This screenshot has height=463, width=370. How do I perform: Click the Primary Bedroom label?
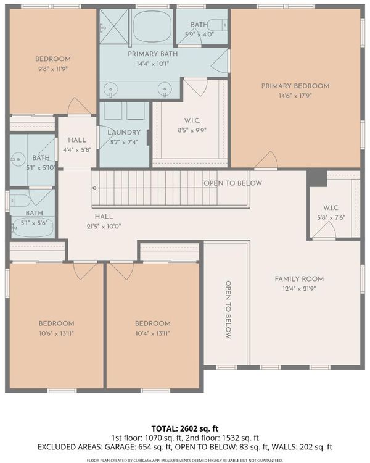tap(295, 86)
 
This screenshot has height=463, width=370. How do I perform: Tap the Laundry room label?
tap(124, 133)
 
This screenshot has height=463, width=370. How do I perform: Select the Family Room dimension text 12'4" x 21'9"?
tap(299, 289)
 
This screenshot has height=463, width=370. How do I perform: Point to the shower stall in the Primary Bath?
tap(114, 26)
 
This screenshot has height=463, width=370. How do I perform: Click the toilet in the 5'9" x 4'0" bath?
tap(218, 25)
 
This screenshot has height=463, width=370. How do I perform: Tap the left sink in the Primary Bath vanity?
tap(110, 89)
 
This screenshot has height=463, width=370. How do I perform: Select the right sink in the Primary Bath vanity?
tap(165, 89)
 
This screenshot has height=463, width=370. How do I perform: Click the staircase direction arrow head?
tap(94, 188)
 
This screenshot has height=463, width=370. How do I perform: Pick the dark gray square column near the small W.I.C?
tap(317, 178)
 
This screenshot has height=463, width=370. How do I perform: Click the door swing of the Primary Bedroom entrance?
tap(267, 159)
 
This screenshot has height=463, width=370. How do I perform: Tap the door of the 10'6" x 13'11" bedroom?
tap(85, 271)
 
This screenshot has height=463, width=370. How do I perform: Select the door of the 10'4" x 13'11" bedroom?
tap(121, 271)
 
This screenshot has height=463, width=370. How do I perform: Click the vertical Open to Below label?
tap(228, 309)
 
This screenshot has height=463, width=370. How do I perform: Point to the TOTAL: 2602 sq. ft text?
tap(185, 428)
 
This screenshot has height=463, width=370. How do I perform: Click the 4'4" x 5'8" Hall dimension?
tap(77, 150)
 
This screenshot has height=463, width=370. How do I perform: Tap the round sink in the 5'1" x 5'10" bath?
tap(17, 160)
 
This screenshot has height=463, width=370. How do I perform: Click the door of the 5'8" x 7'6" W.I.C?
tap(324, 230)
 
